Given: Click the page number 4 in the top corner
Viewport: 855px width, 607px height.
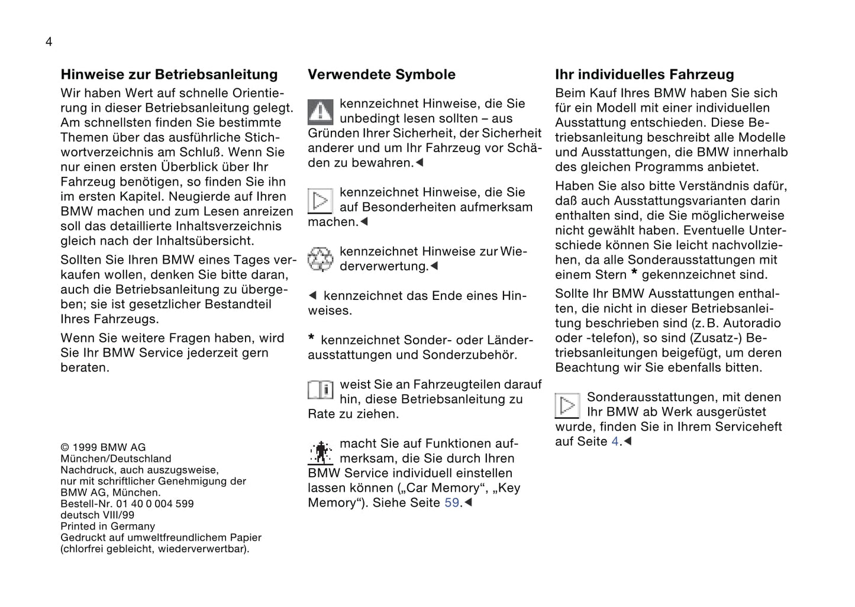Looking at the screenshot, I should click(x=49, y=41).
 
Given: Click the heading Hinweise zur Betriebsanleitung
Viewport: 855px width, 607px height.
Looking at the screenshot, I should click(x=169, y=75).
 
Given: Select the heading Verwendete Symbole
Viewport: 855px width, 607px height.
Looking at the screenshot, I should click(x=382, y=75).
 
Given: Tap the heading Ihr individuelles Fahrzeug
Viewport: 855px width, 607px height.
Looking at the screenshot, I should click(x=644, y=75).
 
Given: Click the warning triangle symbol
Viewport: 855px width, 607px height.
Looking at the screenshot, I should click(x=320, y=111).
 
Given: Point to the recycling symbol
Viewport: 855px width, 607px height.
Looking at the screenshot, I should click(x=320, y=259).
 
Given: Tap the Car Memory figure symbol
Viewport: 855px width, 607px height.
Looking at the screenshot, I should click(x=320, y=453).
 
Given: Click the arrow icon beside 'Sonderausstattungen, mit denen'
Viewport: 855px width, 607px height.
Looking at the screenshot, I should click(x=567, y=405).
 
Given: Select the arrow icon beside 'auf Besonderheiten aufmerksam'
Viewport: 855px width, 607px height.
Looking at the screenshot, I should click(x=320, y=201).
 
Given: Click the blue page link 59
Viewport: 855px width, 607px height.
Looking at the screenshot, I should click(x=451, y=503).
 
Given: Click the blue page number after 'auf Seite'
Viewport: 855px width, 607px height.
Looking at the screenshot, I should click(x=615, y=441).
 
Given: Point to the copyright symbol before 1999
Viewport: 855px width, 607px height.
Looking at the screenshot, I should click(x=64, y=447).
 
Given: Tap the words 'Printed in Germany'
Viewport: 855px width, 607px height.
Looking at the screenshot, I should click(x=108, y=526).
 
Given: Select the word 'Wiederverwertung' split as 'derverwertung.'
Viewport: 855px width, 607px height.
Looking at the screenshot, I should click(x=383, y=266).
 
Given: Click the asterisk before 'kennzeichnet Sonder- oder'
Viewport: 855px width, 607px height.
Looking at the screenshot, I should click(x=311, y=338).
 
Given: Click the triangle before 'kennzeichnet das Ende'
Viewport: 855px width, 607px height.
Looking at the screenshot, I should click(x=313, y=295).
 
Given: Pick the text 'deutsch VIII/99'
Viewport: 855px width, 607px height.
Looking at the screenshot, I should click(x=97, y=515).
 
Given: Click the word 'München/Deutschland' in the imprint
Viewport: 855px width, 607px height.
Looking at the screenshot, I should click(x=115, y=459).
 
